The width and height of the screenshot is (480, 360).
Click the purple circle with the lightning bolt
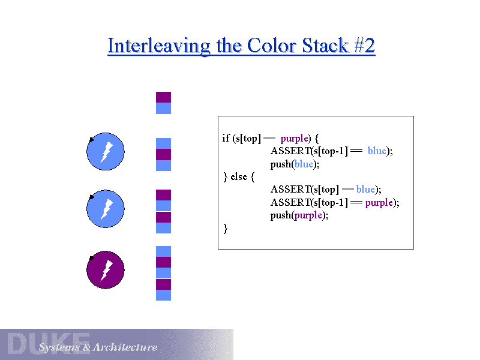point(106,270)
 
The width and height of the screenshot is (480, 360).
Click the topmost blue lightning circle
point(106,152)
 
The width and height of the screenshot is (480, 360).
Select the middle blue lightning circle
point(106,209)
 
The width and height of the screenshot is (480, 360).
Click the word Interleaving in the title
point(159,46)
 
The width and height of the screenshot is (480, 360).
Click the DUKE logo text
point(48,343)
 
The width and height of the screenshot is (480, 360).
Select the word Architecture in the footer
point(125,347)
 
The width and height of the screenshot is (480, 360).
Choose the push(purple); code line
point(299,215)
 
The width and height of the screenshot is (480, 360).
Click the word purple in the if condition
point(294,138)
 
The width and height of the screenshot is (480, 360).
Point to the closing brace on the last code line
point(225,228)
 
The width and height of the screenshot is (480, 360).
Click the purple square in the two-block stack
point(163,97)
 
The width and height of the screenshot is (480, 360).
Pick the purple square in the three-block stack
point(163,154)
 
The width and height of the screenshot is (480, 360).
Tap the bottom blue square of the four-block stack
point(163,228)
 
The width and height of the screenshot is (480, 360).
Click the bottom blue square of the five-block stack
point(163,295)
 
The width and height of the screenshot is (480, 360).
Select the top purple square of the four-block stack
point(163,194)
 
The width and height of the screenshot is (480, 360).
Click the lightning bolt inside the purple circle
point(106,270)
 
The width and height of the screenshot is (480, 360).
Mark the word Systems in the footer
point(59,347)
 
